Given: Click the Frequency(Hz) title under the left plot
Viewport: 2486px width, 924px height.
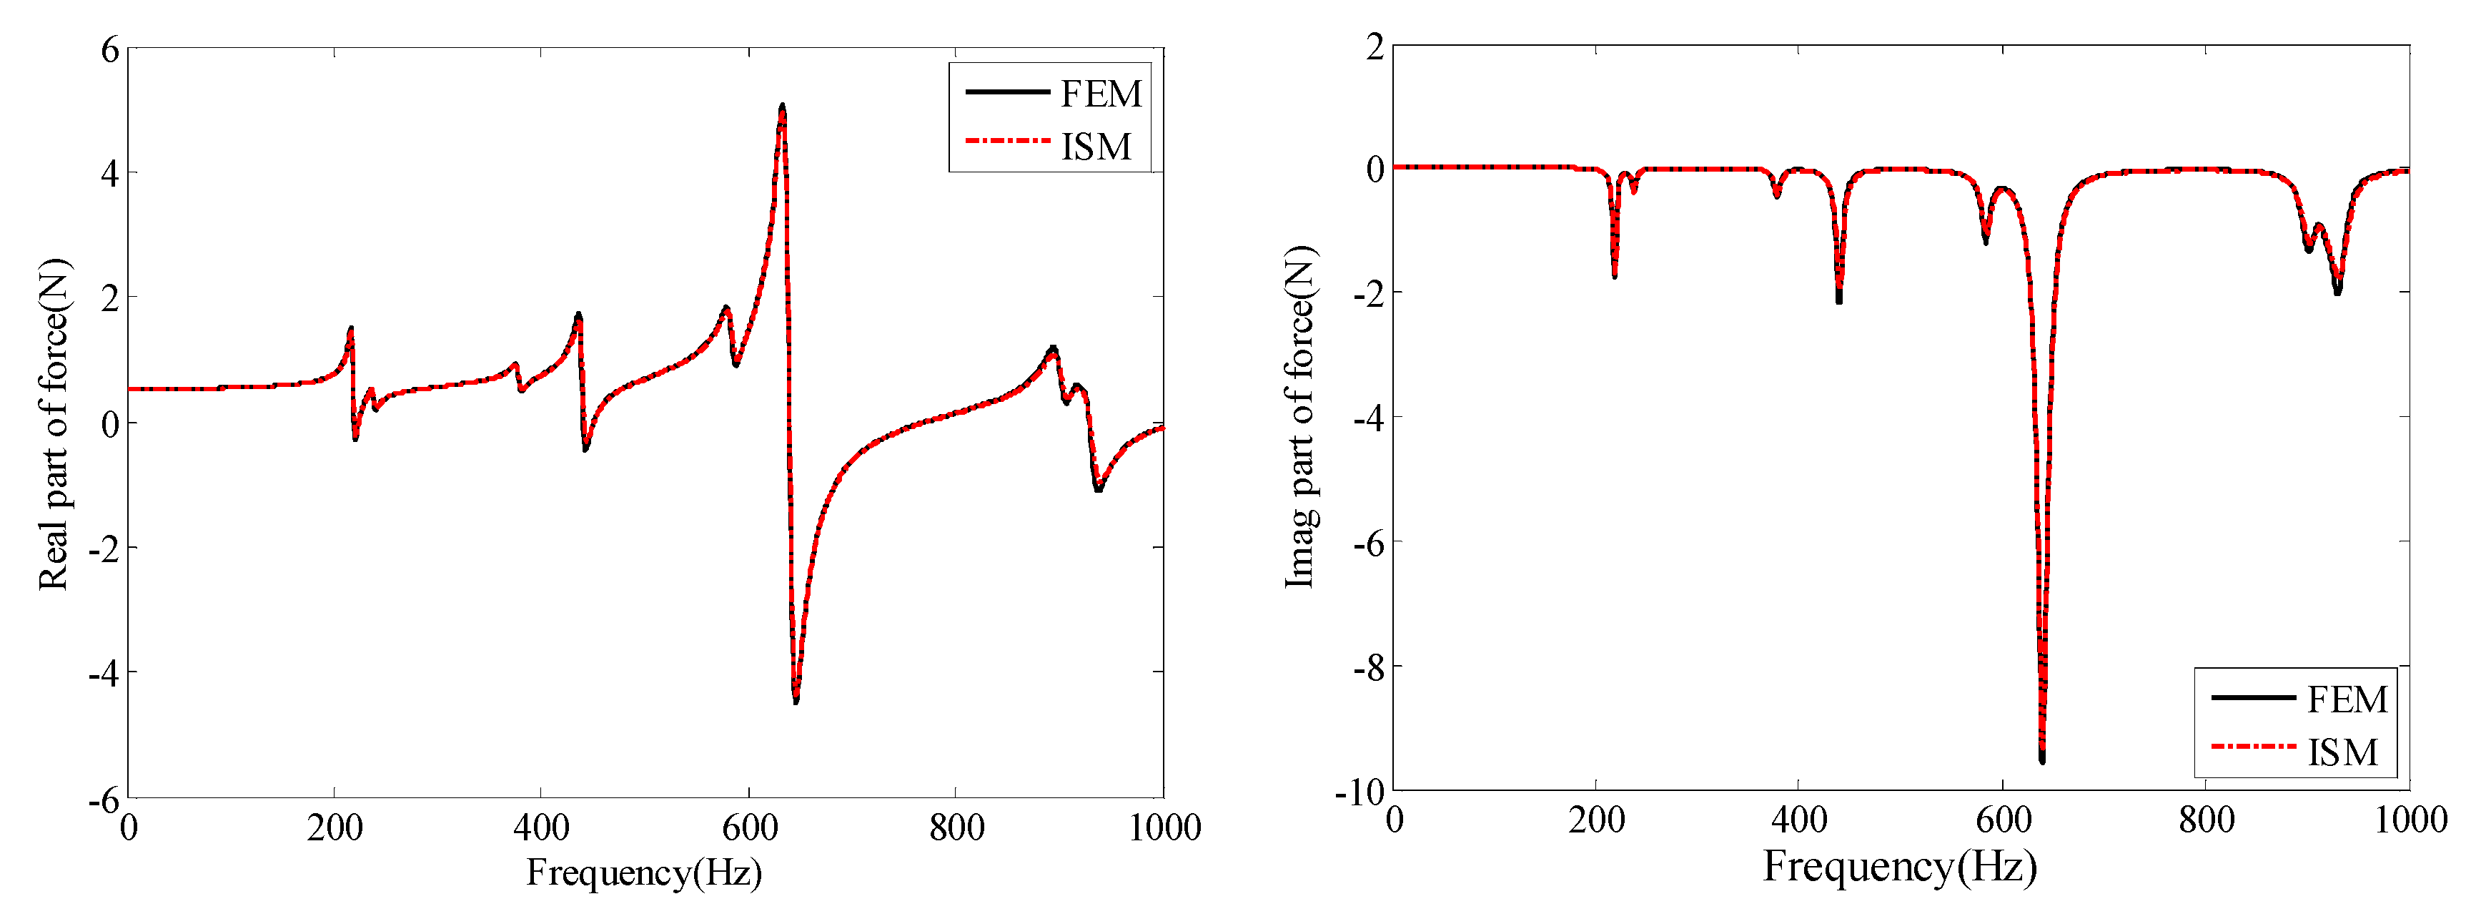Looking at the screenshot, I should pyautogui.click(x=644, y=873).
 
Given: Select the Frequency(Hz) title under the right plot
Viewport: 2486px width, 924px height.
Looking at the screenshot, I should pyautogui.click(x=1899, y=866).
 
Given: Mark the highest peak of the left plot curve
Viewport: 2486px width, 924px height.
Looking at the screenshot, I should pyautogui.click(x=782, y=107).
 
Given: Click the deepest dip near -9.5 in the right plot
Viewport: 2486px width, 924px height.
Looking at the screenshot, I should pyautogui.click(x=2042, y=759).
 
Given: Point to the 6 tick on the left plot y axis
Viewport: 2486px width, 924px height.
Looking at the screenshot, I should pyautogui.click(x=110, y=49).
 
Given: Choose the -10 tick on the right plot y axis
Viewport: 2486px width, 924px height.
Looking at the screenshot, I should pyautogui.click(x=1360, y=792).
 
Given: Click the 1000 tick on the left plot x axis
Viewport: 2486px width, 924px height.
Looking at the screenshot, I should pyautogui.click(x=1164, y=827).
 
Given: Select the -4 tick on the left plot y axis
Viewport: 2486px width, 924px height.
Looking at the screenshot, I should pyautogui.click(x=103, y=673).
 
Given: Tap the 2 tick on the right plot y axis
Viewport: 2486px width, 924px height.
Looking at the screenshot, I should pyautogui.click(x=1375, y=46).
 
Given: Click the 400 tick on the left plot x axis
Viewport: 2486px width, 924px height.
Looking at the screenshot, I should pyautogui.click(x=541, y=827).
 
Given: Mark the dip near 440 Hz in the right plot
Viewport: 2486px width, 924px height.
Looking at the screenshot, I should pyautogui.click(x=1838, y=300).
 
